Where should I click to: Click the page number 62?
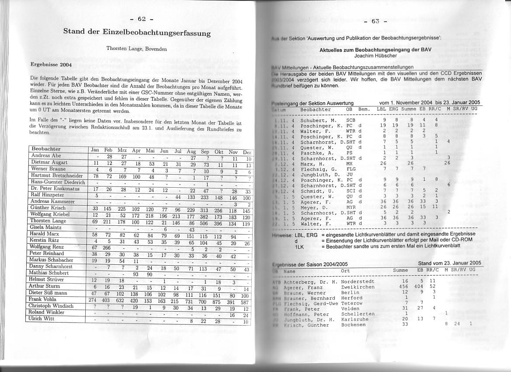141,19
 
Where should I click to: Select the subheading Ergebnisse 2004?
51,64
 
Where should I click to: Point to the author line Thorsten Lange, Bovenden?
136,49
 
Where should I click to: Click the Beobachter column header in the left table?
46,149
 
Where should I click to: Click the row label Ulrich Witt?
42,319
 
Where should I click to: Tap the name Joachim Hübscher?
375,56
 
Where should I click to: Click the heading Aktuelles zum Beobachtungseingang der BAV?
375,49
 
